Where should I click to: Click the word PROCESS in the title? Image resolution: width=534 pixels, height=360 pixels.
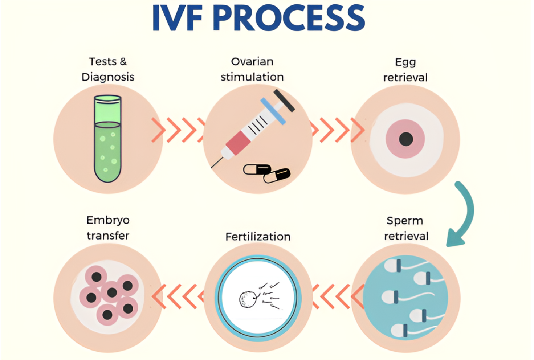[289, 18]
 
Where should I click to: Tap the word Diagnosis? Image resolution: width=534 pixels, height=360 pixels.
[108, 77]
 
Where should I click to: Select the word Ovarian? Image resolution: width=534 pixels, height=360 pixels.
[252, 62]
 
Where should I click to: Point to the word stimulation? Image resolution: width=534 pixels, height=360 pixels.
[252, 77]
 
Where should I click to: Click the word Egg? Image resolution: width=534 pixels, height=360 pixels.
[405, 62]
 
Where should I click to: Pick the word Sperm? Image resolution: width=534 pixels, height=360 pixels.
[405, 221]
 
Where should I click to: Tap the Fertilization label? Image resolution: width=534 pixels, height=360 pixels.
[258, 237]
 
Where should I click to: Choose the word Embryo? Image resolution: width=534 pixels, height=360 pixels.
[108, 220]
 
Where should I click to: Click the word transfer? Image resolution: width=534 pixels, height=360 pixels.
[108, 236]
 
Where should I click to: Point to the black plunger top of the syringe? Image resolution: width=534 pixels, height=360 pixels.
[284, 100]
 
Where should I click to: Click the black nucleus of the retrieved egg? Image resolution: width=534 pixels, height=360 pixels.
[405, 139]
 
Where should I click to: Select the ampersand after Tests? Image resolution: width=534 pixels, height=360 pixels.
[123, 62]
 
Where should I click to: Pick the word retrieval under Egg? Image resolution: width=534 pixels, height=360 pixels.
[405, 77]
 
